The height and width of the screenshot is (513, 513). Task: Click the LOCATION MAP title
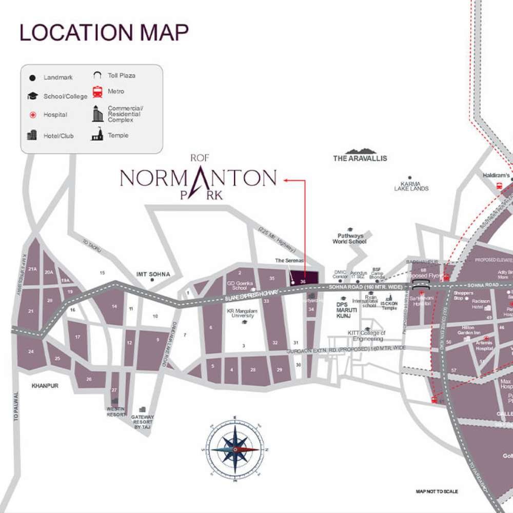pyautogui.click(x=104, y=32)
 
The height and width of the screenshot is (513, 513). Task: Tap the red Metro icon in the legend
pyautogui.click(x=97, y=92)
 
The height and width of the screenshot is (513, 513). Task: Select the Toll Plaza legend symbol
pyautogui.click(x=97, y=75)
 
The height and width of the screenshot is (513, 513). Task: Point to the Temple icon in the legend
pyautogui.click(x=97, y=134)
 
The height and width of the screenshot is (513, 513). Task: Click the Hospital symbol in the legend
pyautogui.click(x=32, y=114)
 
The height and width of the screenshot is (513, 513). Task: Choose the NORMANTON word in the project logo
pyautogui.click(x=198, y=178)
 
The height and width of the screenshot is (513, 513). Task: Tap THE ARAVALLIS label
pyautogui.click(x=360, y=159)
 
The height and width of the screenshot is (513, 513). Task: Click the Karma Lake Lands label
pyautogui.click(x=411, y=186)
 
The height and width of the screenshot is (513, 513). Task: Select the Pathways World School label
pyautogui.click(x=350, y=239)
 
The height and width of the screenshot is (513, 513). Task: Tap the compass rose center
pyautogui.click(x=235, y=449)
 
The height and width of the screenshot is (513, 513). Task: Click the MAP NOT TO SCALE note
pyautogui.click(x=437, y=491)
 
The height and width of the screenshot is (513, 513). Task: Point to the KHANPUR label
pyautogui.click(x=45, y=385)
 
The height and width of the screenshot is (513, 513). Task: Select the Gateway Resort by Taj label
pyautogui.click(x=143, y=422)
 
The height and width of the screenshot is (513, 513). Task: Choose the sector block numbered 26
pyautogui.click(x=89, y=379)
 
